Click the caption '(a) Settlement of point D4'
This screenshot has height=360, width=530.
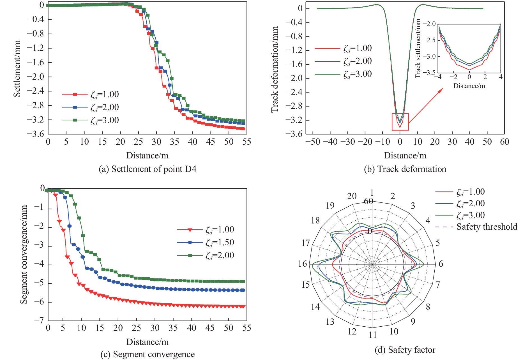click(148, 169)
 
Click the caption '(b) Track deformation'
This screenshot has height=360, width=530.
click(405, 169)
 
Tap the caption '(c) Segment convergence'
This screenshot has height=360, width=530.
click(148, 354)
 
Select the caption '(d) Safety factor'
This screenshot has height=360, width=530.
click(405, 350)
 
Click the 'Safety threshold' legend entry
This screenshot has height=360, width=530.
click(487, 227)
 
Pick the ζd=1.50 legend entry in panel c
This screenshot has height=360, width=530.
click(220, 243)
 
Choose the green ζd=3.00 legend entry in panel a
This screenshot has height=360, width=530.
click(104, 120)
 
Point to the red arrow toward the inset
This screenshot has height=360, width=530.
click(426, 106)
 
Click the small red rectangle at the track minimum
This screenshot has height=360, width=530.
click(400, 122)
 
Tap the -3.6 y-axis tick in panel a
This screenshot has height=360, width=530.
click(35, 134)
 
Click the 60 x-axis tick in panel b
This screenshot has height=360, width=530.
click(504, 142)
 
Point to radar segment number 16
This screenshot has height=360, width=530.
click(303, 264)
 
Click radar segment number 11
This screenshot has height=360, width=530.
click(372, 335)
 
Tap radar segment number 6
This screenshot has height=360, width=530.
click(441, 264)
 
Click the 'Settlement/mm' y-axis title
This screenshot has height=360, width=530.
click(17, 69)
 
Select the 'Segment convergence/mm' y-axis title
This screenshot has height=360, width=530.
click(24, 254)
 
